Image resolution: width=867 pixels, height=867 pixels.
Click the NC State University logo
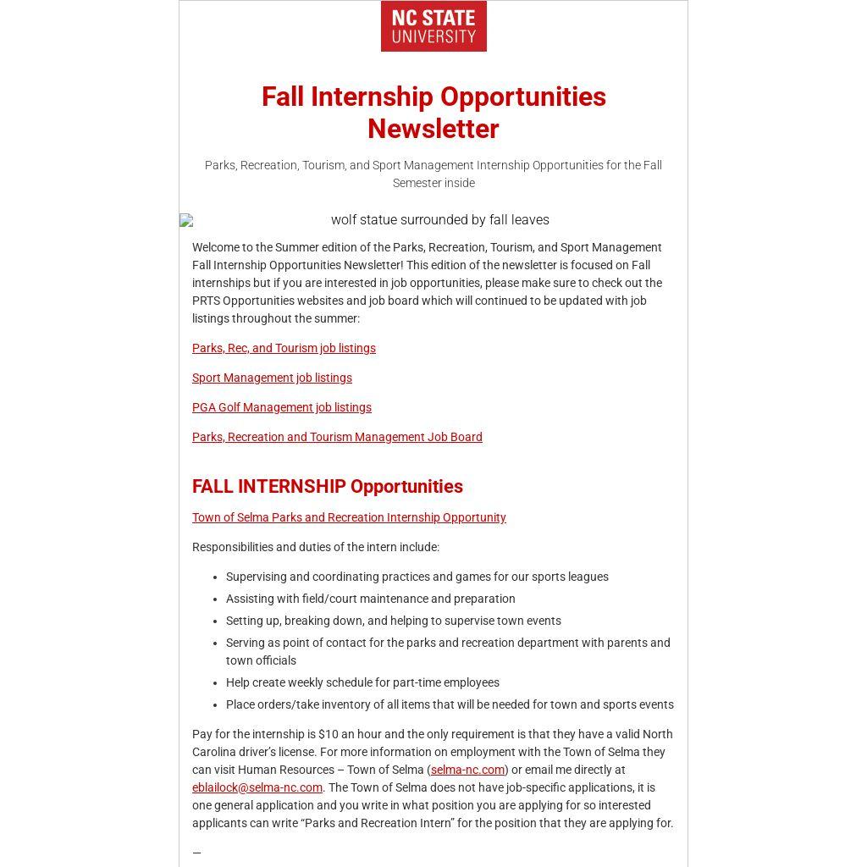[x=433, y=26]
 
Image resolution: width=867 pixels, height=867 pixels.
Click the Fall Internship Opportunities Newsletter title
[x=433, y=113]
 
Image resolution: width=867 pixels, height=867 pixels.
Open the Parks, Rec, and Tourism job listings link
[x=284, y=348]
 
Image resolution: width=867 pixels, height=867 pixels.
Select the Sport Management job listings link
[x=272, y=378]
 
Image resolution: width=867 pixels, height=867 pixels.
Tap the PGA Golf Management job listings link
[x=282, y=407]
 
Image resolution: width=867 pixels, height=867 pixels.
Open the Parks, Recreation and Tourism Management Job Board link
[x=337, y=437]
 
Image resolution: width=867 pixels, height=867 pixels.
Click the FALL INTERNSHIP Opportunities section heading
[x=328, y=487]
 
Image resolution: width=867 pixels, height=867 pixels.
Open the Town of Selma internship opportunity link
[x=349, y=517]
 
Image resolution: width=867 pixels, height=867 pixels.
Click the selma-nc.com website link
[x=467, y=770]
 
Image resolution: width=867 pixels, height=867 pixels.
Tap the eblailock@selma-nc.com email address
[x=257, y=787]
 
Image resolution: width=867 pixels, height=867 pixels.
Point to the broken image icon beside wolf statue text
[x=186, y=220]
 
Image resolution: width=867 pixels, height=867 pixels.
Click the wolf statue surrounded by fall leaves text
[x=439, y=220]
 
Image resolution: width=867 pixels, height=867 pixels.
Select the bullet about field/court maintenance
[x=371, y=599]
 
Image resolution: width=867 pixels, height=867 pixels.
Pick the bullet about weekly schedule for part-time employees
[x=362, y=682]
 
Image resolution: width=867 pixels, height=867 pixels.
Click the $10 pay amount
[x=328, y=734]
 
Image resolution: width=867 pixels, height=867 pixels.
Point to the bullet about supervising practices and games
[x=417, y=577]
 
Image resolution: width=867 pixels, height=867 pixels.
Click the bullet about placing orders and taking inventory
[x=450, y=704]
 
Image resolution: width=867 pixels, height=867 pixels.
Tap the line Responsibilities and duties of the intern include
[x=316, y=547]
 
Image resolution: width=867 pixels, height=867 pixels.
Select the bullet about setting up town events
[x=394, y=621]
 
